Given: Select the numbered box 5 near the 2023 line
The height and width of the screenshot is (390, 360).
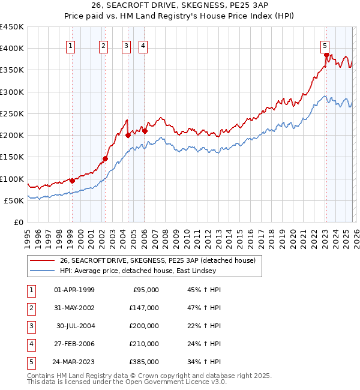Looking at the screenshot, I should pyautogui.click(x=325, y=45).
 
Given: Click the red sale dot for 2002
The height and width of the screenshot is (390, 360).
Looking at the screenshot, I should pyautogui.click(x=105, y=158).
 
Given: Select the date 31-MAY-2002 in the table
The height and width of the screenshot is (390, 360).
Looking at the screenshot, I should pyautogui.click(x=74, y=308).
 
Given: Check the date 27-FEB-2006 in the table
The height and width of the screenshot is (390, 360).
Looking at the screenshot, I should pyautogui.click(x=74, y=344).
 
